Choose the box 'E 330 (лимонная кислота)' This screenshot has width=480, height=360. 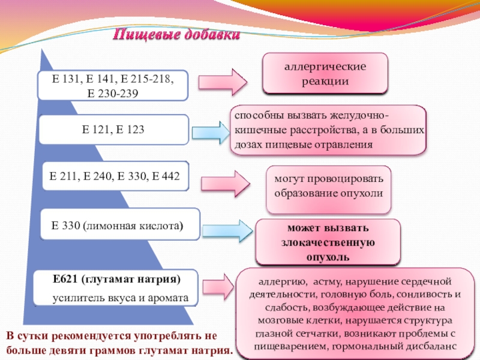[x=118, y=226]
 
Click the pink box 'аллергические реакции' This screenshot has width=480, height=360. [x=325, y=73]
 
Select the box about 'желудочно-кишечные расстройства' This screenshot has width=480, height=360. [x=328, y=130]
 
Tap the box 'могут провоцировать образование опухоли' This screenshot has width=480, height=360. [x=328, y=187]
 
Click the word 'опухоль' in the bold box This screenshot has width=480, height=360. [x=327, y=257]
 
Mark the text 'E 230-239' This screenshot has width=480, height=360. [x=113, y=93]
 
